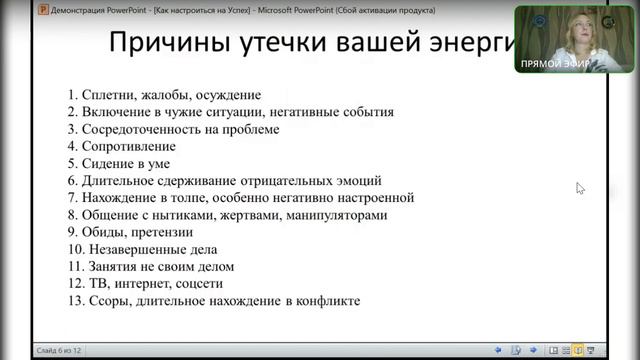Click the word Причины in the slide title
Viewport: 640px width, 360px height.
(162, 45)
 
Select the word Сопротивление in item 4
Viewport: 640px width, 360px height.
(128, 146)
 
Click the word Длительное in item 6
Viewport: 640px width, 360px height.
(119, 181)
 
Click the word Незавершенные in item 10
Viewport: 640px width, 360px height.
(139, 249)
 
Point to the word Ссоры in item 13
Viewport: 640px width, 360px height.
(108, 301)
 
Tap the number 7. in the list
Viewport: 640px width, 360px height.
(73, 198)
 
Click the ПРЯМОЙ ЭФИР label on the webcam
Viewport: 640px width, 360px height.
(554, 64)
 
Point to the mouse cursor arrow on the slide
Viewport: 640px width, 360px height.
(580, 187)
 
